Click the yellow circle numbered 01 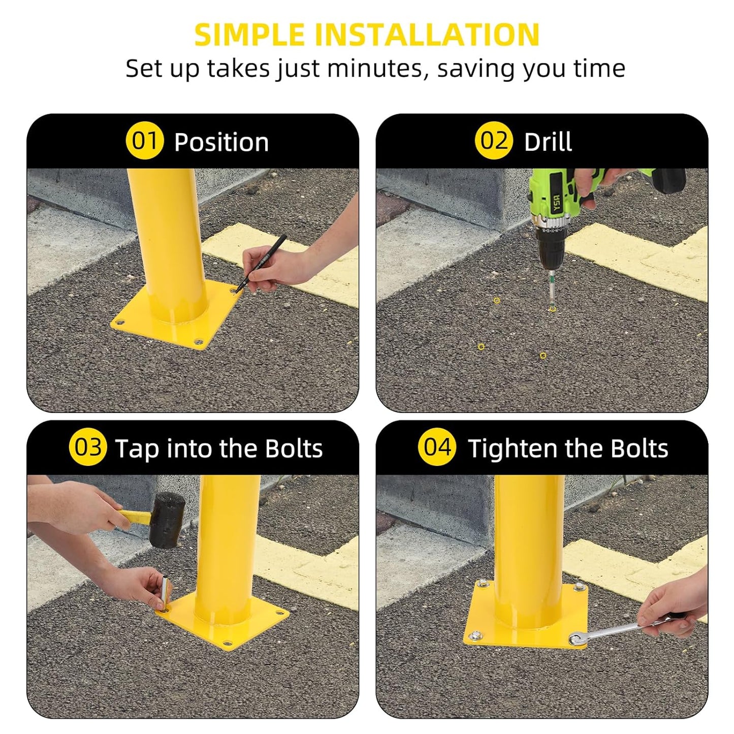coord(145,141)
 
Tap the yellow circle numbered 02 coord(494,141)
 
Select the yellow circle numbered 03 coord(88,448)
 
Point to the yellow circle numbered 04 coord(437,448)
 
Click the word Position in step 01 coord(221,142)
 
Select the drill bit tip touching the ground coord(552,305)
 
